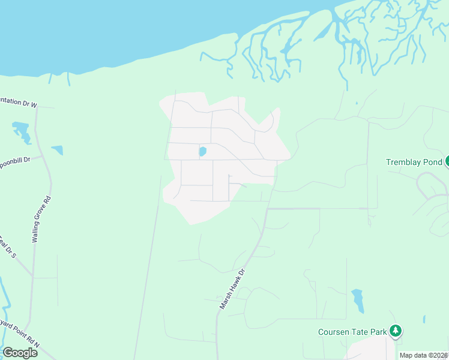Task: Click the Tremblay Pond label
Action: (x=414, y=162)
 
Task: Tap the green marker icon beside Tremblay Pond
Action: (x=447, y=161)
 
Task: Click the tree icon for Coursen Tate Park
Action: (x=395, y=331)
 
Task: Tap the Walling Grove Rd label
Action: (x=41, y=219)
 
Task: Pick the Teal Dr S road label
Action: (x=8, y=250)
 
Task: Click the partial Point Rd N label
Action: (x=21, y=335)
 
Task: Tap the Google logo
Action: (x=20, y=352)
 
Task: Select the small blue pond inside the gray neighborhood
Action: (x=202, y=152)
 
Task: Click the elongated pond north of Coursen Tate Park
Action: (x=358, y=300)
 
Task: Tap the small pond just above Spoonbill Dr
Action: (x=58, y=150)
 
